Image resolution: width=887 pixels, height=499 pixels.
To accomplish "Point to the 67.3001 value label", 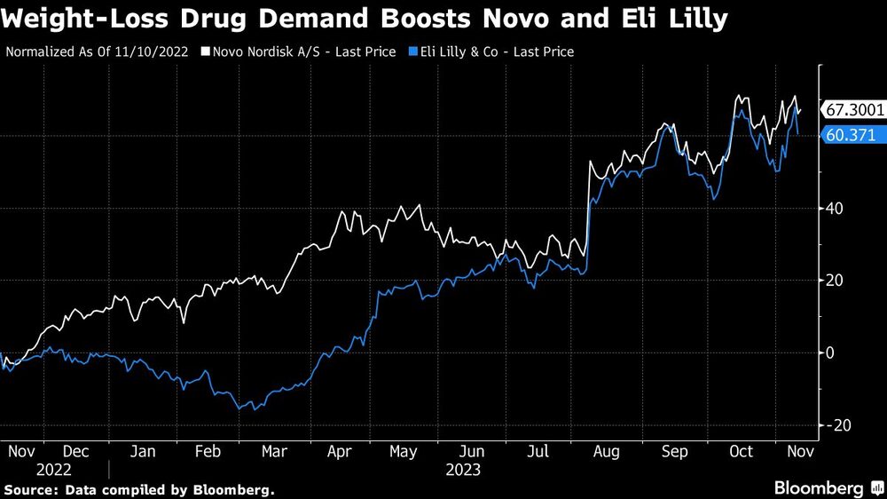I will coord(854,110).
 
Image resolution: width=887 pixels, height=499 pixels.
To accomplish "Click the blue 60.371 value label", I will coord(850,135).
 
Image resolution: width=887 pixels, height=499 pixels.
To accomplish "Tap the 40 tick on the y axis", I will coord(835,209).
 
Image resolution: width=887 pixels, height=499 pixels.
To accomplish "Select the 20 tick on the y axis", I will coord(835,281).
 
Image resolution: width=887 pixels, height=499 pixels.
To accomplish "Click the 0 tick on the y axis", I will coord(831,352).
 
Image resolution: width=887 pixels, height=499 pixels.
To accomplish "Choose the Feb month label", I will coord(207,452).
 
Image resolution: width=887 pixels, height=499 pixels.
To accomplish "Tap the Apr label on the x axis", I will coord(339,452).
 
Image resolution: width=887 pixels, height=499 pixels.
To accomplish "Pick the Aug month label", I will coord(606,452).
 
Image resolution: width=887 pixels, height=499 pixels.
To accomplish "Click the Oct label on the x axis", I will coord(740,452).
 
